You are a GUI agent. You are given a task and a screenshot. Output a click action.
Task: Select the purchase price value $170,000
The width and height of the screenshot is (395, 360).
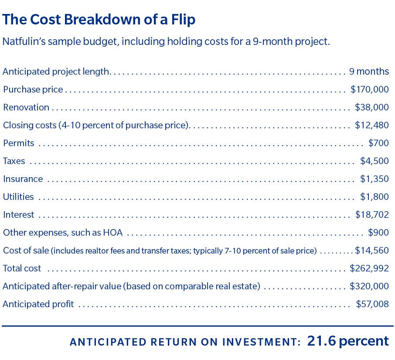[369, 89]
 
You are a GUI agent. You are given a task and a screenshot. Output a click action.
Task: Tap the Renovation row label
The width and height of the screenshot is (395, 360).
[26, 107]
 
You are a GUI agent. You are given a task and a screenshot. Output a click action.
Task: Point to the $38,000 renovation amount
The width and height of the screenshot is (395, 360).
[371, 107]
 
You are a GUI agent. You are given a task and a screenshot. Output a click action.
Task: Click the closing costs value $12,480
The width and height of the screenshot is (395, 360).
[371, 125]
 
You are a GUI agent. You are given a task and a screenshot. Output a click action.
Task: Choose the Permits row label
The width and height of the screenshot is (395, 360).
[18, 143]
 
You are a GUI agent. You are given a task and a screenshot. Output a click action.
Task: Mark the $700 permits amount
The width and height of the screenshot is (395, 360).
[378, 143]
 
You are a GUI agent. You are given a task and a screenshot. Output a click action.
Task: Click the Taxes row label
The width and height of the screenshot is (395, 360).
[14, 161]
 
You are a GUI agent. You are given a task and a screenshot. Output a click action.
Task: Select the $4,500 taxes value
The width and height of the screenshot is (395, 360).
[374, 161]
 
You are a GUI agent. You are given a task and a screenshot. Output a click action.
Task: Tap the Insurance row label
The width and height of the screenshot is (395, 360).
[23, 179]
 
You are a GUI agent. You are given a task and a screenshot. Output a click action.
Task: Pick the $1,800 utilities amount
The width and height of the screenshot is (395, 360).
[374, 197]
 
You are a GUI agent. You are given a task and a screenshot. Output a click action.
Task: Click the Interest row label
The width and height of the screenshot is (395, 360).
[18, 215]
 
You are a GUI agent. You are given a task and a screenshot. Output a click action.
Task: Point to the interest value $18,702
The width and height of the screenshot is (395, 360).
[372, 215]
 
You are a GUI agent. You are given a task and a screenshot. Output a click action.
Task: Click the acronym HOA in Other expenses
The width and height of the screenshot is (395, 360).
[113, 233]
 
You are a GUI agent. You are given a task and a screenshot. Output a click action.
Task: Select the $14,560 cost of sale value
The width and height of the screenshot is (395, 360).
[371, 250]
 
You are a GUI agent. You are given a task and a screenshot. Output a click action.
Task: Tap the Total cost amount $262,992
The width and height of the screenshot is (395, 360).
[369, 268]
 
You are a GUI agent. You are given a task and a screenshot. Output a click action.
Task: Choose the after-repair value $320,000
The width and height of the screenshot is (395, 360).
[369, 286]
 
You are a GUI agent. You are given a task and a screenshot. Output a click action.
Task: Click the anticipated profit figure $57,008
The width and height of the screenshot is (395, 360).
[372, 304]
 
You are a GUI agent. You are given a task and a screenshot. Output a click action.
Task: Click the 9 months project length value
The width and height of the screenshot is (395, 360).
[369, 72]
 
